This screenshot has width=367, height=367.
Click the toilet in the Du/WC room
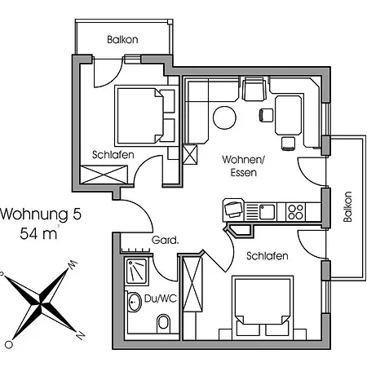click(164, 323)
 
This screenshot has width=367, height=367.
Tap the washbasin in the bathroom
click(134, 302)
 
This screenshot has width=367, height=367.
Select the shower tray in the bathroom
click(137, 271)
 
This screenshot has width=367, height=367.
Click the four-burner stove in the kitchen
click(295, 212)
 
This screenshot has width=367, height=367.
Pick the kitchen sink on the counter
click(267, 212)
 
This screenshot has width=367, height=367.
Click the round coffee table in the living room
click(224, 117)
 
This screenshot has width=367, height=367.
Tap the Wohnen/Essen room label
click(243, 166)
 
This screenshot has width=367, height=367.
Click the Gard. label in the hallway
click(165, 240)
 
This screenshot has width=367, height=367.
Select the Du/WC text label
click(161, 298)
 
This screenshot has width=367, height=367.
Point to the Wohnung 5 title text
click(41, 214)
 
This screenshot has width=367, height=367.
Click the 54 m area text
click(38, 233)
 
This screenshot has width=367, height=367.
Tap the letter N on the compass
click(81, 335)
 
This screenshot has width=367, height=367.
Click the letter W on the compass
click(73, 265)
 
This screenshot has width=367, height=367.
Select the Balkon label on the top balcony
click(122, 40)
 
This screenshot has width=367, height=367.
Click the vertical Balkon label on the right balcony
click(347, 207)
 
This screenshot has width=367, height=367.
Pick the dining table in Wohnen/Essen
click(289, 115)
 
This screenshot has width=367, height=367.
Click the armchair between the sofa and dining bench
click(254, 89)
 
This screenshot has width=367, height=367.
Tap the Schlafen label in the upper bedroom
click(113, 155)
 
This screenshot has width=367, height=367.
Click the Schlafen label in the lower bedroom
click(268, 256)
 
